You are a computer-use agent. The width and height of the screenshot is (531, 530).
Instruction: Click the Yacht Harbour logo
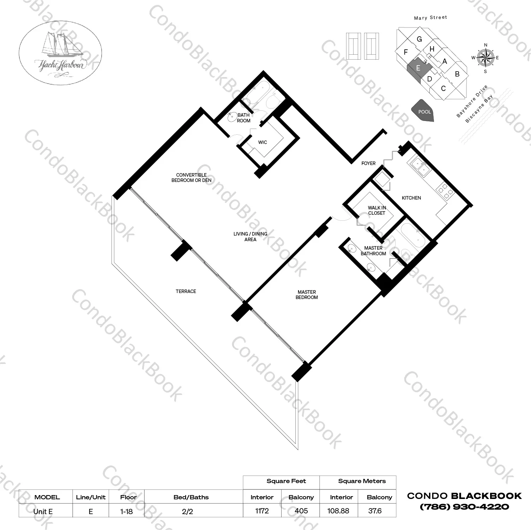coord(60,53)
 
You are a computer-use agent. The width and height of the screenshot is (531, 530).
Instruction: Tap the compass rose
coord(485,58)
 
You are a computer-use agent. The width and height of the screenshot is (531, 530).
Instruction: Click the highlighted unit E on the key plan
coord(417,68)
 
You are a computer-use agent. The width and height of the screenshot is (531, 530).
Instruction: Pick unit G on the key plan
coord(419,39)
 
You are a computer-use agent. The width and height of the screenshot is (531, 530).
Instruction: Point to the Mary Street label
coord(430,18)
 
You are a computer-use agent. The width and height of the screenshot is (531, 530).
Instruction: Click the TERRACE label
coord(186,291)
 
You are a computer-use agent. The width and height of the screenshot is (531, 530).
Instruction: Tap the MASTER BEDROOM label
coord(307,294)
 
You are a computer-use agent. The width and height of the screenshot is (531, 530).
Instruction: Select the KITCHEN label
coord(411,198)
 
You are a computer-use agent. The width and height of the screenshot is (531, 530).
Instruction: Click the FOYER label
coord(368,163)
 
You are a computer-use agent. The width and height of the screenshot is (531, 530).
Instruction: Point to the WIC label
coord(263,142)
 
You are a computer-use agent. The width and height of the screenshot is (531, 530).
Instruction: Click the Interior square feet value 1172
coord(262,511)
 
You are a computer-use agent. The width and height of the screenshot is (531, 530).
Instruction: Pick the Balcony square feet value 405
coord(301,511)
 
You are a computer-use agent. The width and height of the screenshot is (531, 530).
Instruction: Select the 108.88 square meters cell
coord(338,511)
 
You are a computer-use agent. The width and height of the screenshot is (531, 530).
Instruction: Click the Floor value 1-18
coord(126,511)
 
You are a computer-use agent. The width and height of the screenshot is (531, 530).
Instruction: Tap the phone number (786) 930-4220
coord(464,507)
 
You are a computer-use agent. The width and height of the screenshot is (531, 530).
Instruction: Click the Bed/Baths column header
coord(191,497)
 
